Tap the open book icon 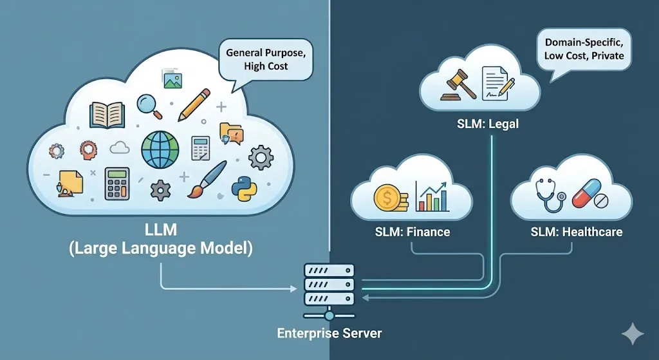(x=107, y=113)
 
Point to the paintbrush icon (x=207, y=178)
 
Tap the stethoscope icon (x=550, y=196)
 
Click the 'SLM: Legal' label (x=478, y=125)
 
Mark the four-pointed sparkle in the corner (x=633, y=335)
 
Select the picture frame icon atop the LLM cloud (x=172, y=79)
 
